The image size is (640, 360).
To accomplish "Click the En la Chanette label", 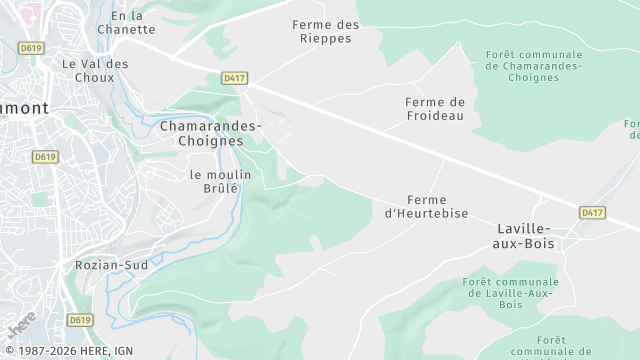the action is pyautogui.click(x=127, y=22).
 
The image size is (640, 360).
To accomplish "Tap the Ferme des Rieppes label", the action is pyautogui.click(x=326, y=31).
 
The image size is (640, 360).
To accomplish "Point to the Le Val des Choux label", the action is pyautogui.click(x=95, y=71).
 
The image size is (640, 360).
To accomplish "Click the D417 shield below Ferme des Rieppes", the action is pyautogui.click(x=235, y=77).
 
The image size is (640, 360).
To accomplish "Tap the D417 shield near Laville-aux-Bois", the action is pyautogui.click(x=593, y=212).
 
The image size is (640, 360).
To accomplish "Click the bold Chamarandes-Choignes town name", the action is pyautogui.click(x=210, y=133).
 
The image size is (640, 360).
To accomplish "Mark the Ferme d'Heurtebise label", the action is pyautogui.click(x=420, y=206).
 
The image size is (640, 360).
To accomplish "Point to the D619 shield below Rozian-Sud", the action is pyautogui.click(x=80, y=320).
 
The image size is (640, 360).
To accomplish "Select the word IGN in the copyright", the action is pyautogui.click(x=123, y=351).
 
